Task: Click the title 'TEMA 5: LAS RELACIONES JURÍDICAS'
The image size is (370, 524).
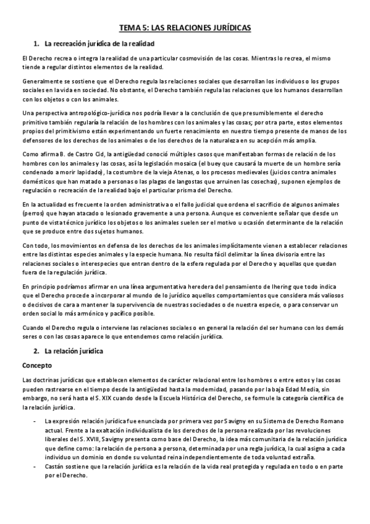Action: tap(185, 28)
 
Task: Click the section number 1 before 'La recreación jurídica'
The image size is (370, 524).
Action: tap(35, 44)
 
